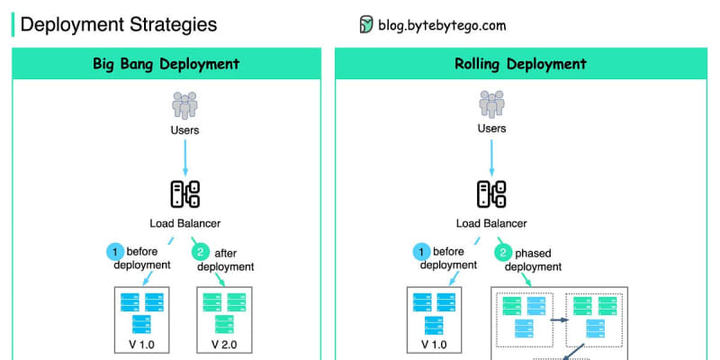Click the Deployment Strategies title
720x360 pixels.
tap(119, 24)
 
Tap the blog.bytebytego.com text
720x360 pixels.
tap(442, 24)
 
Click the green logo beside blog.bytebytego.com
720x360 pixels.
tap(366, 24)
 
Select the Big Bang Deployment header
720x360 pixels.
tap(166, 63)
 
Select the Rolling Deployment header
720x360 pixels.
tap(520, 63)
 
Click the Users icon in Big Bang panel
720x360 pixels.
tap(185, 105)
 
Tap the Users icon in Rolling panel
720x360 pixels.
tap(491, 104)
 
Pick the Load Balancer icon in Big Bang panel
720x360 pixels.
tap(185, 194)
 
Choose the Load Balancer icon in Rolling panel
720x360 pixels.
tap(491, 194)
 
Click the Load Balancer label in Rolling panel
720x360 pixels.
tap(491, 223)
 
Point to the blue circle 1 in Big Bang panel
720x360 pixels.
tap(115, 252)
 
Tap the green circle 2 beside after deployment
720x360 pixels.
tap(200, 252)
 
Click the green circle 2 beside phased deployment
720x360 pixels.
tap(503, 252)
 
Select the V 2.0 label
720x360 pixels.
tap(224, 345)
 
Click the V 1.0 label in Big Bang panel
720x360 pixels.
tap(141, 345)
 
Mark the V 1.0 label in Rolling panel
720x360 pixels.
tap(434, 345)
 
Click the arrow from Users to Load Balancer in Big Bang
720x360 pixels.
tap(185, 157)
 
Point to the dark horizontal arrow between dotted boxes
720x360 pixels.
tap(559, 319)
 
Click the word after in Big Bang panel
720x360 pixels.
tap(226, 253)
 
